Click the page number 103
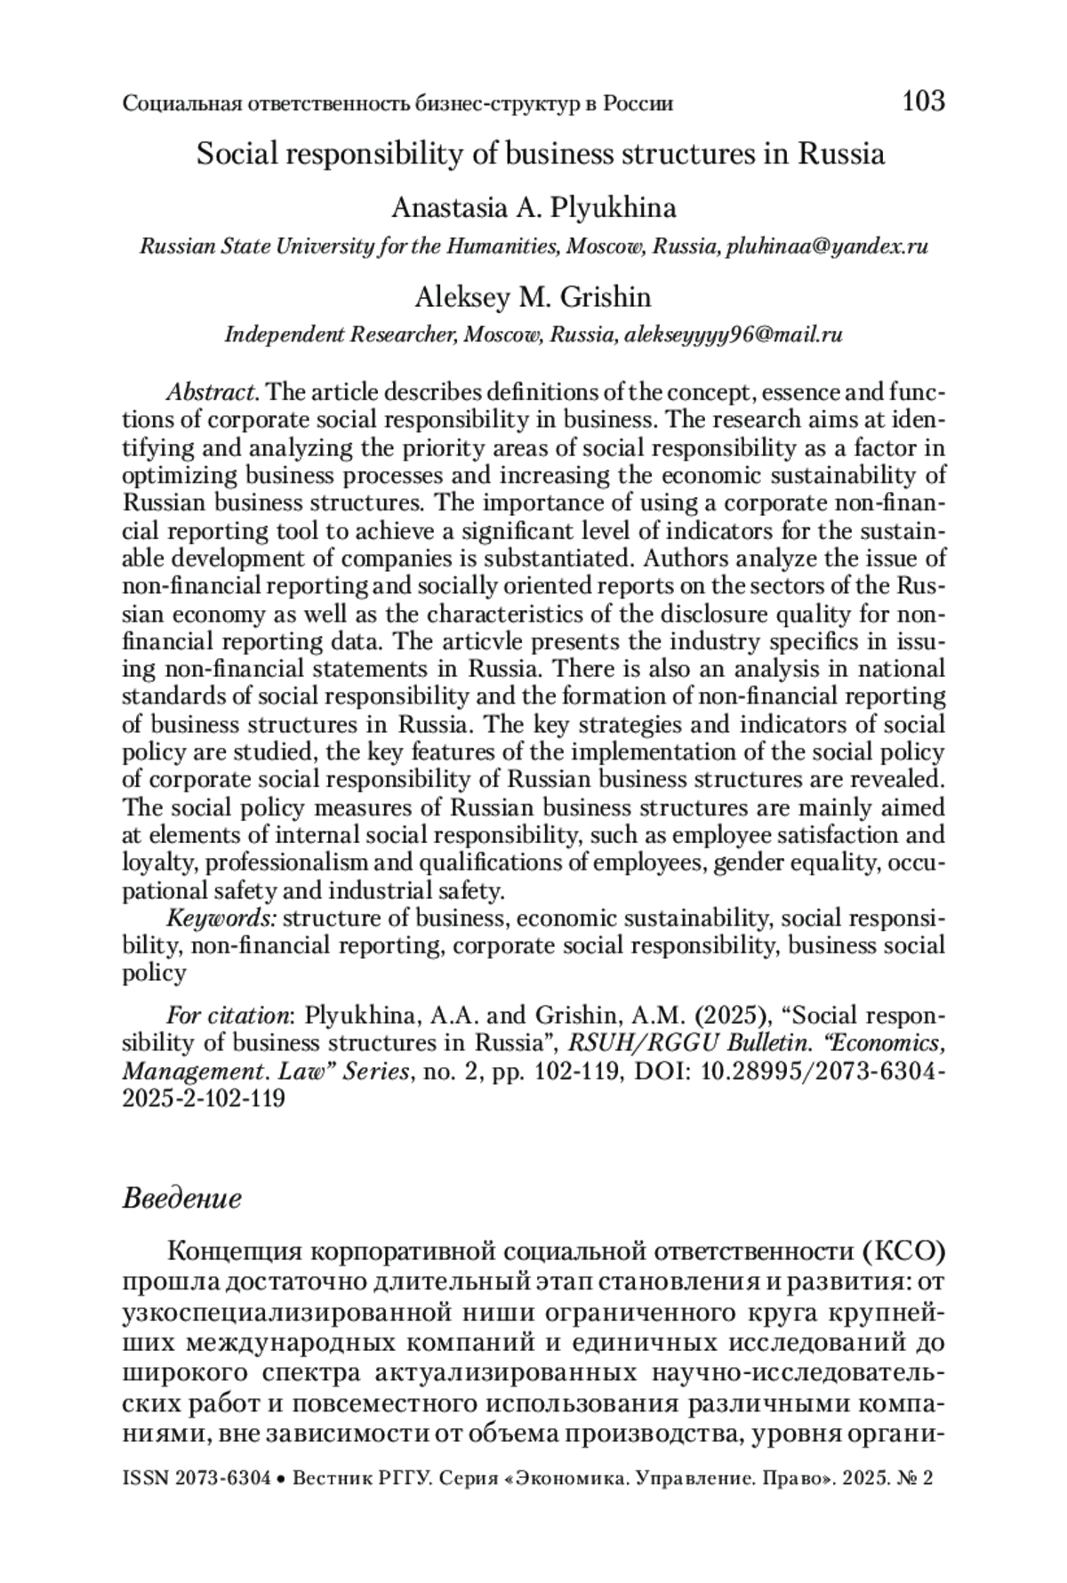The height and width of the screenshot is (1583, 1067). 923,101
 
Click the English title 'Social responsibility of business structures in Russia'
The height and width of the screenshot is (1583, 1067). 541,155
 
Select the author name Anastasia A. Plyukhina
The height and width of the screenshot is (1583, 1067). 533,208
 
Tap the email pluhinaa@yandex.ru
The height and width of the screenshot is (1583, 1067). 827,246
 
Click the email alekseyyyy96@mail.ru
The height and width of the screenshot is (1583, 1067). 734,335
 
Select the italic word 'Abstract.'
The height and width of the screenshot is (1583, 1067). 213,392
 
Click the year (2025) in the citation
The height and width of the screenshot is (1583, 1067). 688,1016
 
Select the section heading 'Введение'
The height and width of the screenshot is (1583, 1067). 181,1199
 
